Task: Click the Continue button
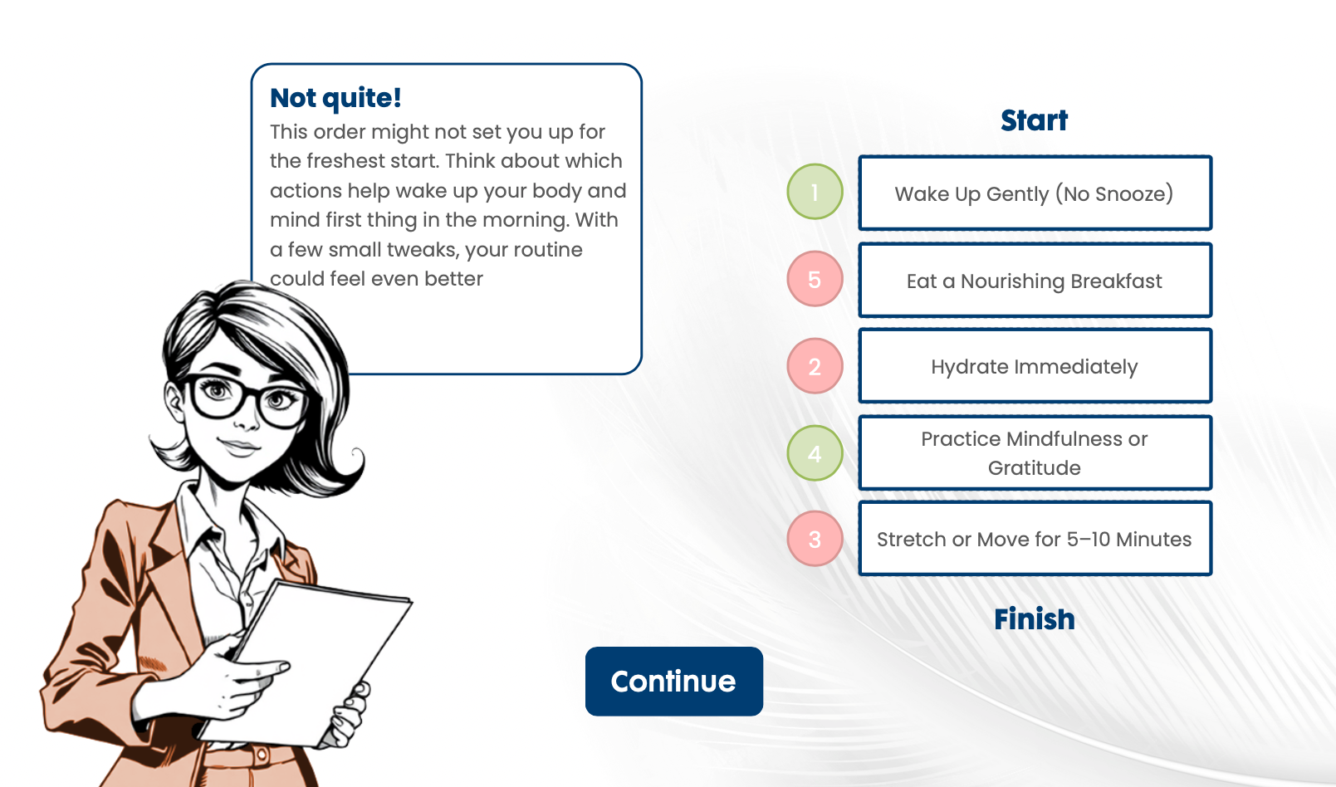point(674,681)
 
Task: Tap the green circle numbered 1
point(815,192)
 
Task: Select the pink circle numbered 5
point(815,279)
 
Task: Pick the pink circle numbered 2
point(815,366)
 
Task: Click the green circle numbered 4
point(815,453)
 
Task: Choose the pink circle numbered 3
point(815,539)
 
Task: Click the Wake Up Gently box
point(1035,193)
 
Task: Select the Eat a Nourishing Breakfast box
point(1035,281)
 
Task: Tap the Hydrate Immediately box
point(1035,366)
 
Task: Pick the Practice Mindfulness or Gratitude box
point(1035,453)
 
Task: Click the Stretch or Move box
point(1035,539)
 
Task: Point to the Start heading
point(1035,120)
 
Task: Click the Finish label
point(1035,618)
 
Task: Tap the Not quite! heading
point(335,98)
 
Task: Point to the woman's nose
point(246,418)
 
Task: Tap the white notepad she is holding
point(311,662)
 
